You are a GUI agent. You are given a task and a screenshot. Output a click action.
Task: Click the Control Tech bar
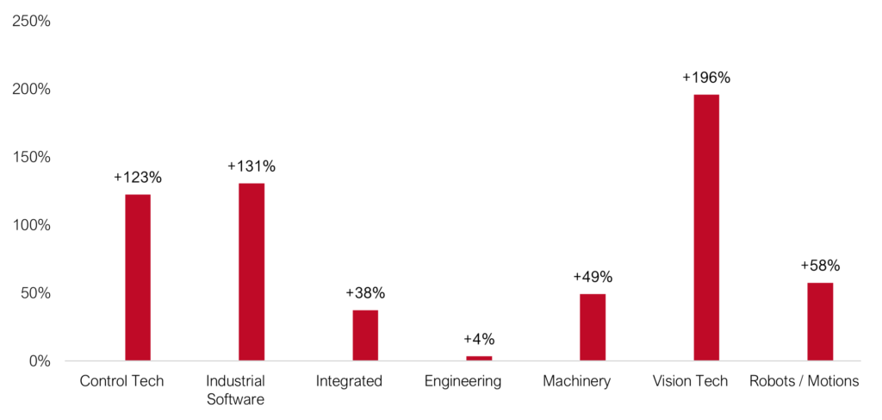(x=138, y=277)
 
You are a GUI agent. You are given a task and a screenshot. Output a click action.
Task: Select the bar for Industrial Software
(x=252, y=272)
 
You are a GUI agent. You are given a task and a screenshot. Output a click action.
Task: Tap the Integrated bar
(x=365, y=335)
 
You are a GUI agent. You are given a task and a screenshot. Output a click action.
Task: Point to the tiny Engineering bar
(x=479, y=358)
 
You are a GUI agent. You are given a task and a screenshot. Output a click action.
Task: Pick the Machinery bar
(x=593, y=327)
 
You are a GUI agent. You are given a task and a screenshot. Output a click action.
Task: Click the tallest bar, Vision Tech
(x=706, y=227)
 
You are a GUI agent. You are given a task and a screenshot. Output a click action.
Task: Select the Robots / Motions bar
(x=820, y=321)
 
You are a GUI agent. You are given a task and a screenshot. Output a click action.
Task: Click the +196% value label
(x=706, y=78)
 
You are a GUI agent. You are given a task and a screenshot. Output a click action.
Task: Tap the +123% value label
(x=138, y=178)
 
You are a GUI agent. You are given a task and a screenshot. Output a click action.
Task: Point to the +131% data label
(x=252, y=166)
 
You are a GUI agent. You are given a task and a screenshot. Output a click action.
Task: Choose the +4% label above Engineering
(x=479, y=339)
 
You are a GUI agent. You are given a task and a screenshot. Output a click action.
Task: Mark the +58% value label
(x=820, y=266)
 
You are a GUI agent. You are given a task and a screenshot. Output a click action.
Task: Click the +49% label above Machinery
(x=593, y=277)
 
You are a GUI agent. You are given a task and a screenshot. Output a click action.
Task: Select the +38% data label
(x=365, y=292)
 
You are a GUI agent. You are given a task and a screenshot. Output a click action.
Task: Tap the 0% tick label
(x=39, y=361)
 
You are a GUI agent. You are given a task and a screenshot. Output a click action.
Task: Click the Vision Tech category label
(x=690, y=381)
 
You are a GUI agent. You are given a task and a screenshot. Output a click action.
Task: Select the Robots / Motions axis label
(x=804, y=381)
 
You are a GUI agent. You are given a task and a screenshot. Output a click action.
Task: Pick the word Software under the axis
(x=235, y=399)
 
